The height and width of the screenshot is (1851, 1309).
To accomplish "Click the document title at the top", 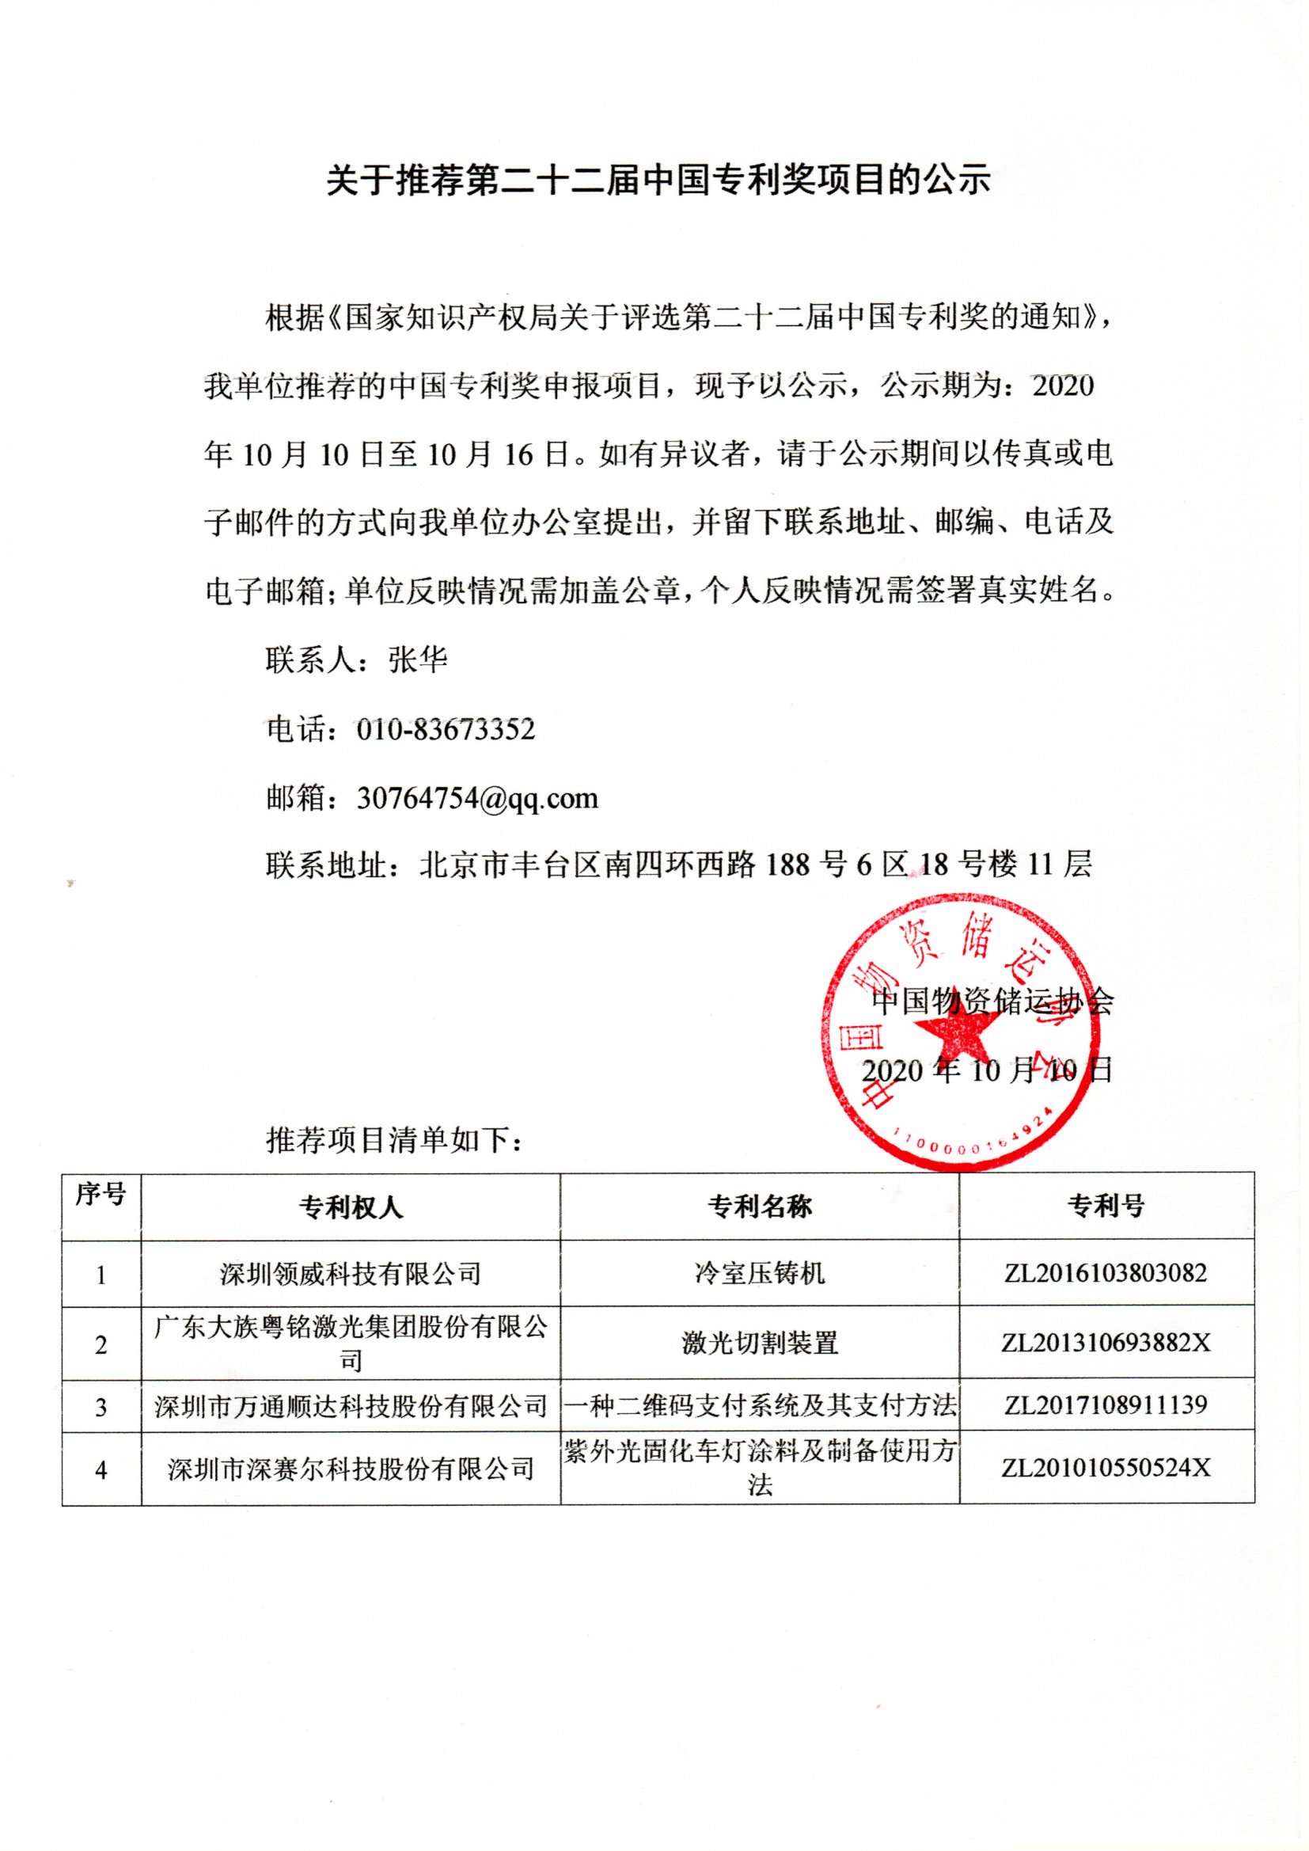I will tap(658, 181).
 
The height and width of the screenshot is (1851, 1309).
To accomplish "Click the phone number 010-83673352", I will tap(445, 731).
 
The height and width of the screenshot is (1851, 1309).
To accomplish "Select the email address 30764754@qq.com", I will tap(477, 799).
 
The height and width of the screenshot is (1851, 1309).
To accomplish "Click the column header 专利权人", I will tap(351, 1207).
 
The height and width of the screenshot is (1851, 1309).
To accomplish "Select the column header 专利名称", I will tap(759, 1207).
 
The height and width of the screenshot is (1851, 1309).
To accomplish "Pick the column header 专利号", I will tap(1106, 1207).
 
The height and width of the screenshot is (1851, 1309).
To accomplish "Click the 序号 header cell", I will tap(101, 1195).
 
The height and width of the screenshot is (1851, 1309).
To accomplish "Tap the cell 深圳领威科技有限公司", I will tap(351, 1275).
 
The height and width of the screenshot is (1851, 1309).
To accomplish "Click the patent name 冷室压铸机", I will tap(759, 1274).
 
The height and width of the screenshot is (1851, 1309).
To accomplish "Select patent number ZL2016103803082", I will tap(1106, 1274).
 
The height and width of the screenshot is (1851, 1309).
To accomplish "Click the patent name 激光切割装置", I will tap(759, 1343).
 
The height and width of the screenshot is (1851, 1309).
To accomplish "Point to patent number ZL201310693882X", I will tap(1106, 1343).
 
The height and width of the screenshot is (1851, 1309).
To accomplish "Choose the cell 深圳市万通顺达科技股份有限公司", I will tap(351, 1407).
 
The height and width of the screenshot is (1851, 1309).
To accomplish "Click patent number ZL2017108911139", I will tap(1106, 1406).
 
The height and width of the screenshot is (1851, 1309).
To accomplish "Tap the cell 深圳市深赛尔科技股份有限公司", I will tap(351, 1469).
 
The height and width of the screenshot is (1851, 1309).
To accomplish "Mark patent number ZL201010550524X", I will tap(1106, 1468).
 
